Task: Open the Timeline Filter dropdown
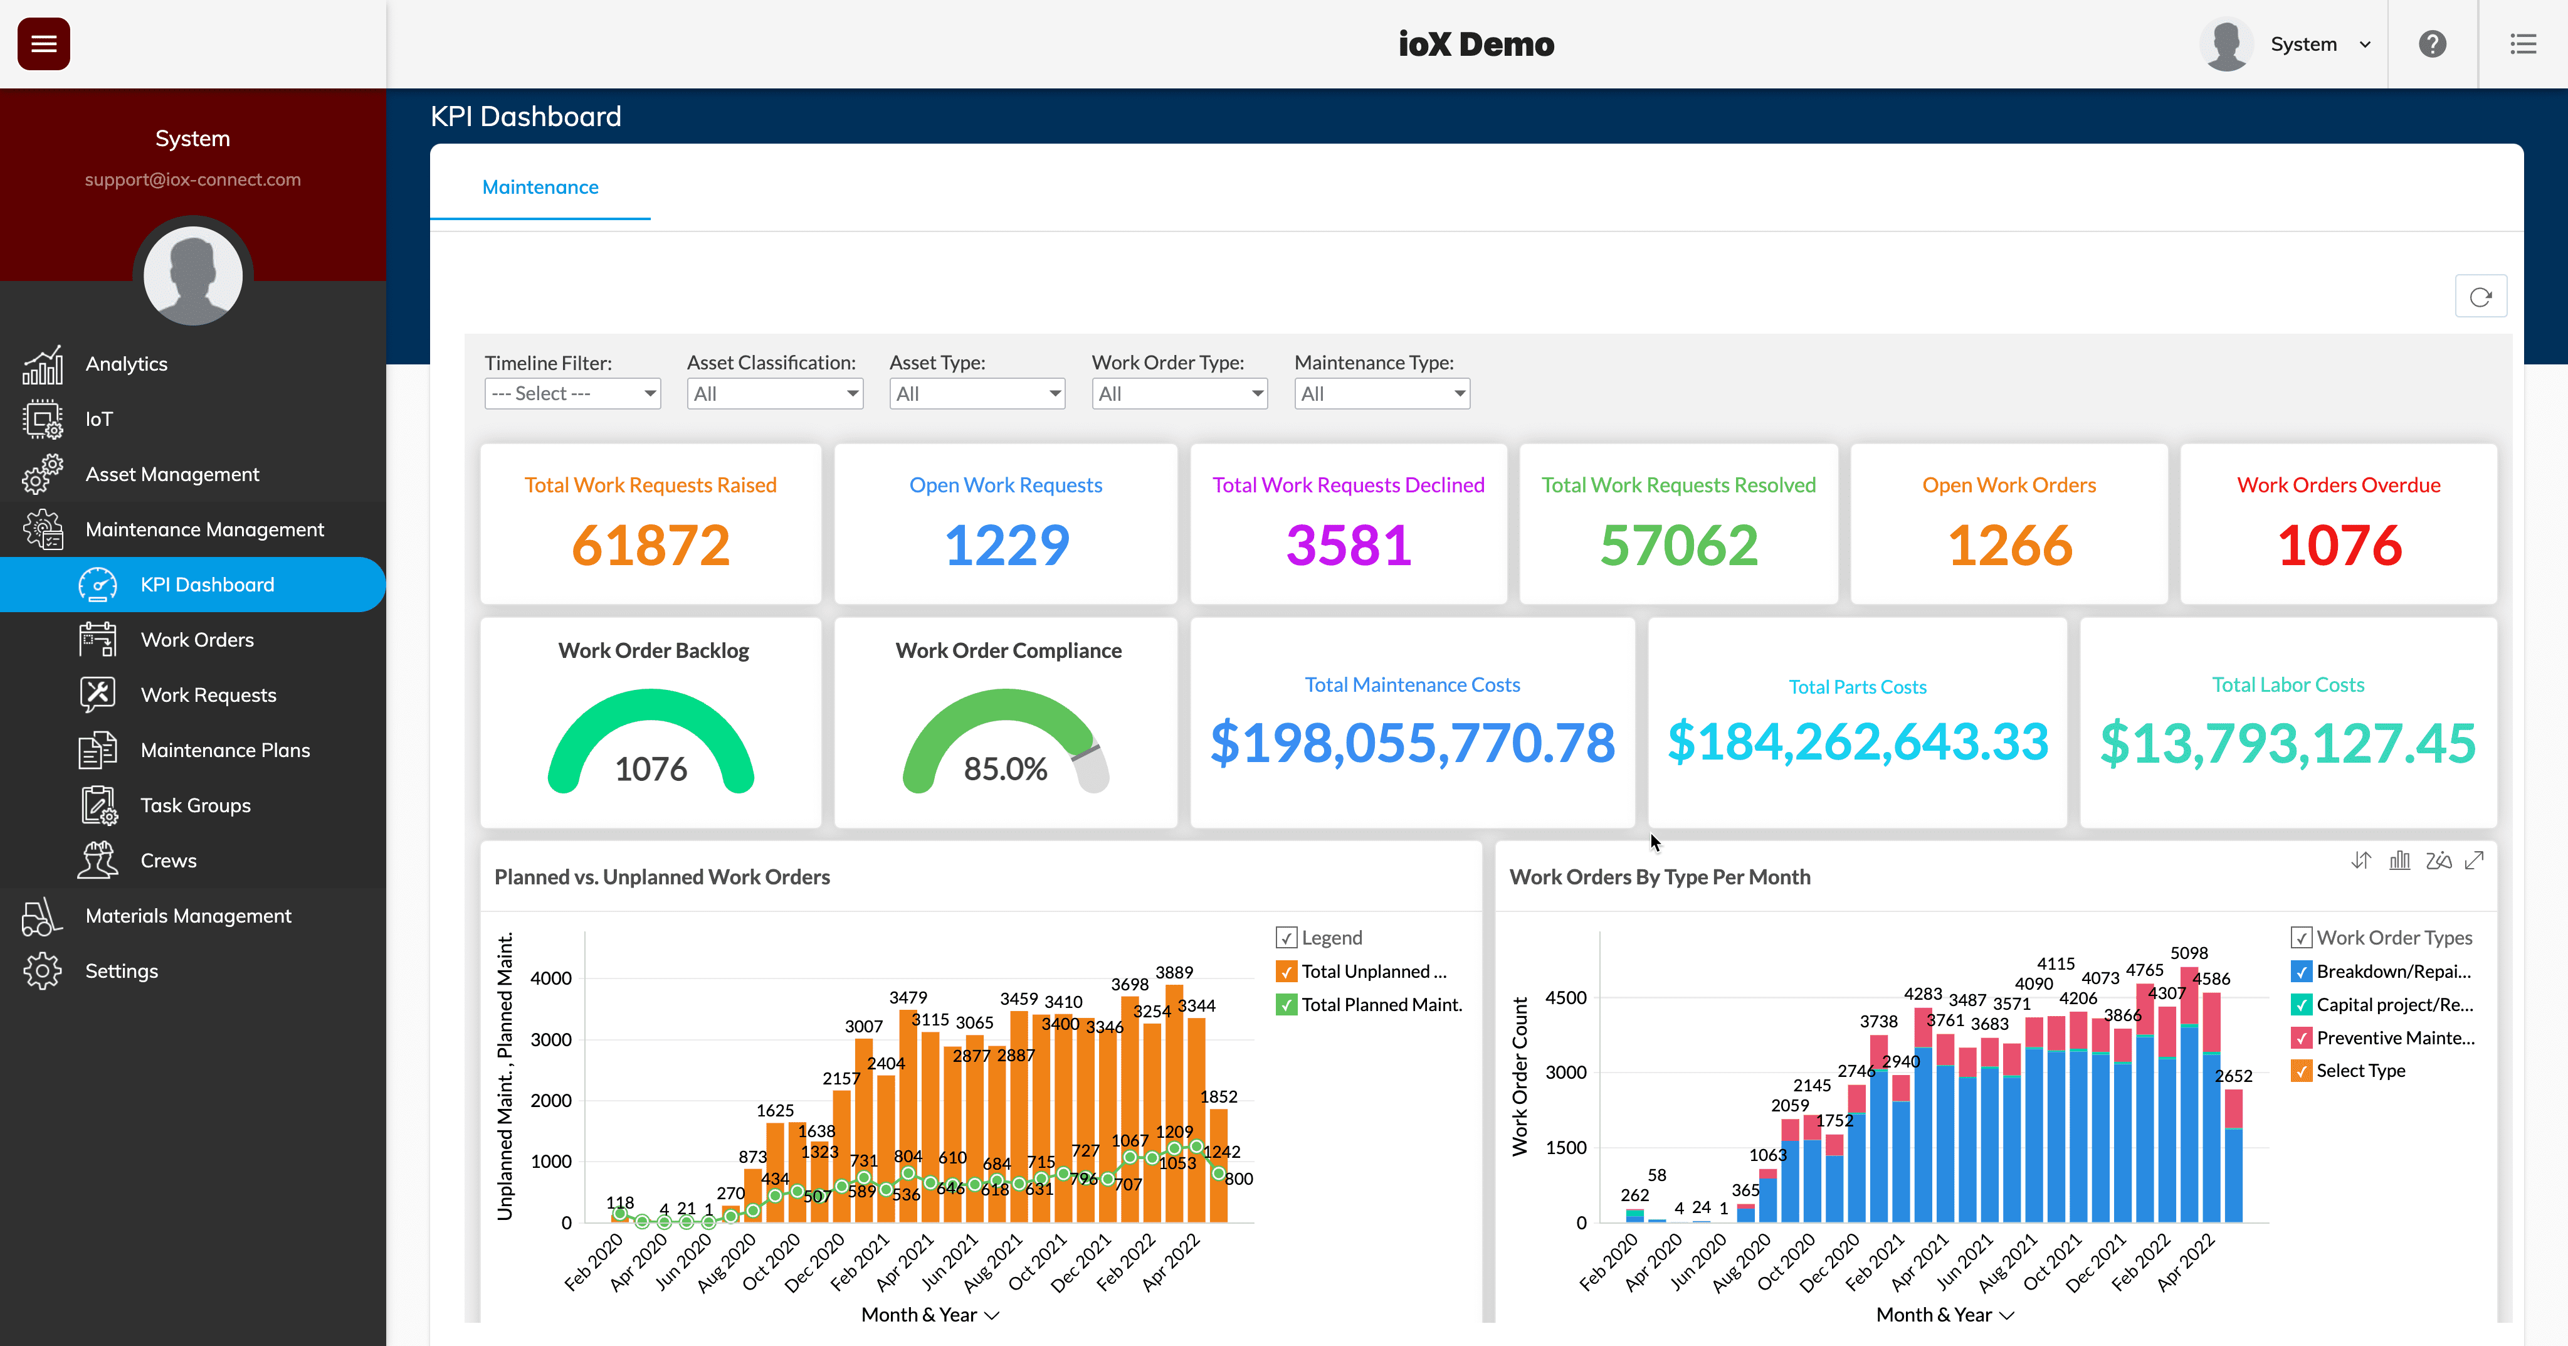coord(572,394)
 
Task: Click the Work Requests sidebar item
coord(208,695)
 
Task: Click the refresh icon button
coord(2480,297)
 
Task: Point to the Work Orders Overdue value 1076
coord(2339,546)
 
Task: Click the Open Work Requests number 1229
coord(1006,546)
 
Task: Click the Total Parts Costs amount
coord(1857,742)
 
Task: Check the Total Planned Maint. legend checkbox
coord(1286,1005)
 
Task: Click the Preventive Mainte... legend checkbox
coord(2301,1038)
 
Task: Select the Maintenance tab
coord(540,188)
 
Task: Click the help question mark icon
coord(2433,44)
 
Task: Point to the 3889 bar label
coord(1174,972)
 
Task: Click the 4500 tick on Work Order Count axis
coord(1565,998)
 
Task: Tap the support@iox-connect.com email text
coord(192,179)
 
